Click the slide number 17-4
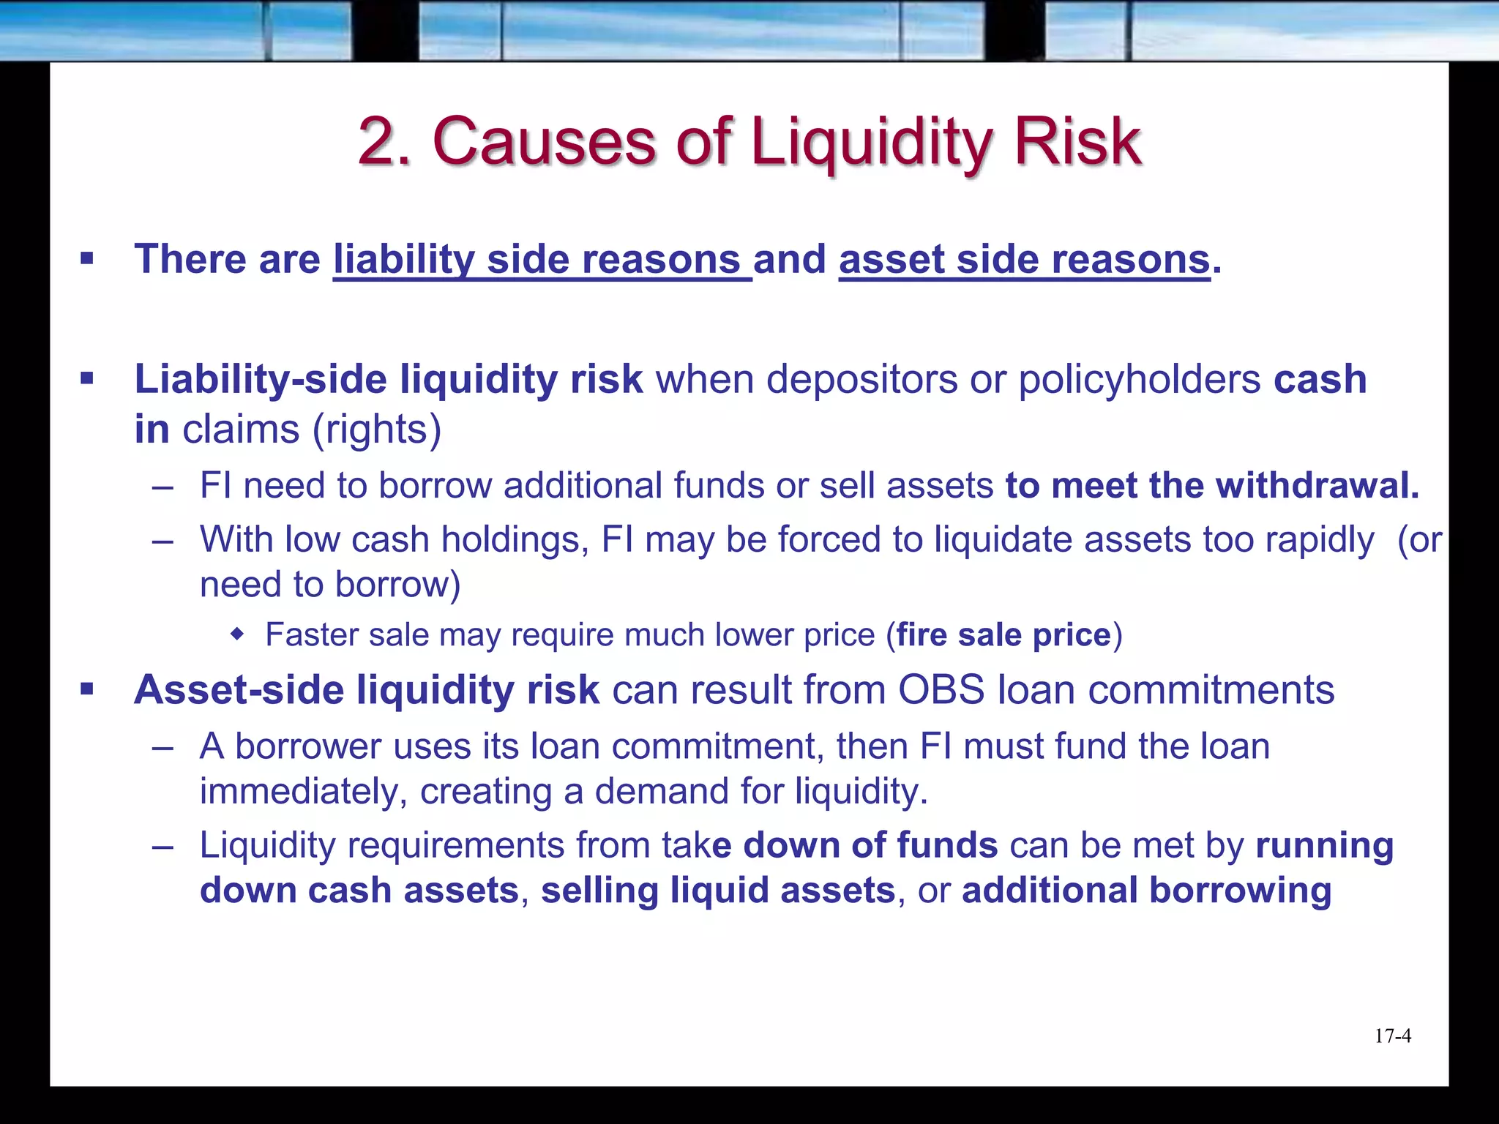(x=1392, y=1036)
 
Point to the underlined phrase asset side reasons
(x=1024, y=260)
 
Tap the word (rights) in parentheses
(x=377, y=430)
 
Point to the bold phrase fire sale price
(x=1003, y=635)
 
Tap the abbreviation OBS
(x=941, y=690)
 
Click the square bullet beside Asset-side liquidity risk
(x=87, y=689)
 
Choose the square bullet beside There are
(x=87, y=258)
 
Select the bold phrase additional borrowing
(x=1146, y=891)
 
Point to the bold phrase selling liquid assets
(x=718, y=891)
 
